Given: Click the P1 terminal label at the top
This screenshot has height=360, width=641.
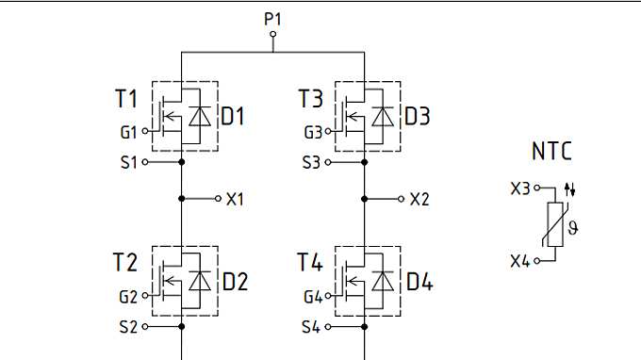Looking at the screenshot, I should click(x=273, y=17).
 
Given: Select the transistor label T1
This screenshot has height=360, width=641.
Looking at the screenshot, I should click(x=126, y=99).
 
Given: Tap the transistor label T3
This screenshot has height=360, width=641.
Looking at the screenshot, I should click(x=310, y=99).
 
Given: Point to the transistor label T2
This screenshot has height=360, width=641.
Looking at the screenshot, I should click(x=126, y=263).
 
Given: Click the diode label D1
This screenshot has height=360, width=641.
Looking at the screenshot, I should click(x=234, y=117).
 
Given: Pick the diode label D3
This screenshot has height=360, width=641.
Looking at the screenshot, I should click(x=418, y=117).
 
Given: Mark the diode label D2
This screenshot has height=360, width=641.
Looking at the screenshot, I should click(x=235, y=282).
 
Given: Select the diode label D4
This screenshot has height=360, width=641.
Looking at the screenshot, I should click(x=419, y=282).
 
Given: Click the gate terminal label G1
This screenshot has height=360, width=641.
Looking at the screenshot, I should click(x=128, y=131).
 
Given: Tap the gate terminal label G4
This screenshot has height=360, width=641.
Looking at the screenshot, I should click(x=313, y=297).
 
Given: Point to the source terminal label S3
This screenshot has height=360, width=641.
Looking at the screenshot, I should click(x=311, y=162).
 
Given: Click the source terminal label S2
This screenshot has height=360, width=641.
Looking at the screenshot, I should click(x=127, y=327).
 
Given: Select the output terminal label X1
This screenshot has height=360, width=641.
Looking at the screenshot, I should click(x=236, y=200).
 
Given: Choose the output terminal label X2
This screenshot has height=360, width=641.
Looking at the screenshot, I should click(x=419, y=200).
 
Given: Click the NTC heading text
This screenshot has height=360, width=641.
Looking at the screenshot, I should click(x=551, y=152).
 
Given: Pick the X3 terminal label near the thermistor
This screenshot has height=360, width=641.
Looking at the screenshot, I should click(x=520, y=188).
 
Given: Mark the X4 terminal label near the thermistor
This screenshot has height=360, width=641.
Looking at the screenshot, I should click(x=520, y=260).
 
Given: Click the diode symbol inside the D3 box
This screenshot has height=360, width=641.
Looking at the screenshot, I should click(x=383, y=117).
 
